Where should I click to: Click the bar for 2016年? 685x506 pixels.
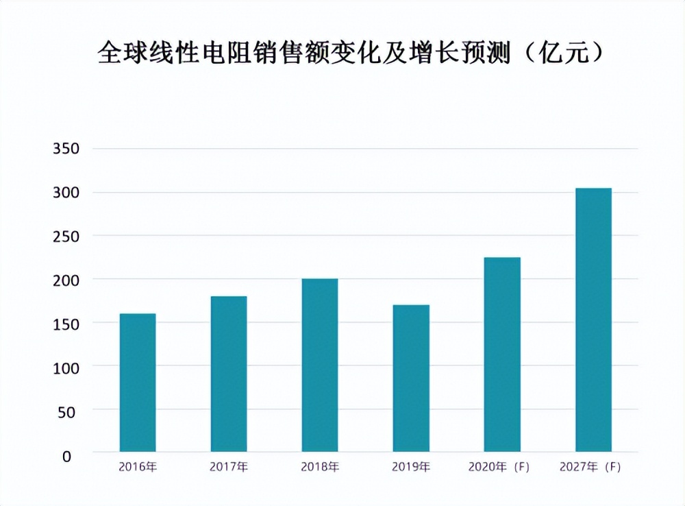[138, 383]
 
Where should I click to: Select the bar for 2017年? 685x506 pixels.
[229, 374]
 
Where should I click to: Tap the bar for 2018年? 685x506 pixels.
[320, 365]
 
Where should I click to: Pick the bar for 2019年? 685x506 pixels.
[411, 378]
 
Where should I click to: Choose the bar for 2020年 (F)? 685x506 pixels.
[502, 354]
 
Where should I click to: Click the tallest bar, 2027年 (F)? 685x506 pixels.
[593, 320]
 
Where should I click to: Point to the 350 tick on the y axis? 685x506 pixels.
[66, 149]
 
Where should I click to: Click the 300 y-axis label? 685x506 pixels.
[66, 193]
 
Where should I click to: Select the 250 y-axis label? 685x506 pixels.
[66, 237]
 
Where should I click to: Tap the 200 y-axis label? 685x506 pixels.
[66, 280]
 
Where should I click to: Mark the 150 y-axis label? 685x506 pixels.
[66, 324]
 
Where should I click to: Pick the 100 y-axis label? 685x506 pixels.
[66, 368]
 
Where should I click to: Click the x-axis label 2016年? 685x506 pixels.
[138, 468]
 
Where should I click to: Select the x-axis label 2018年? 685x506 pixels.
[320, 468]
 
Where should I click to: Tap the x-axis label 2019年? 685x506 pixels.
[411, 468]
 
